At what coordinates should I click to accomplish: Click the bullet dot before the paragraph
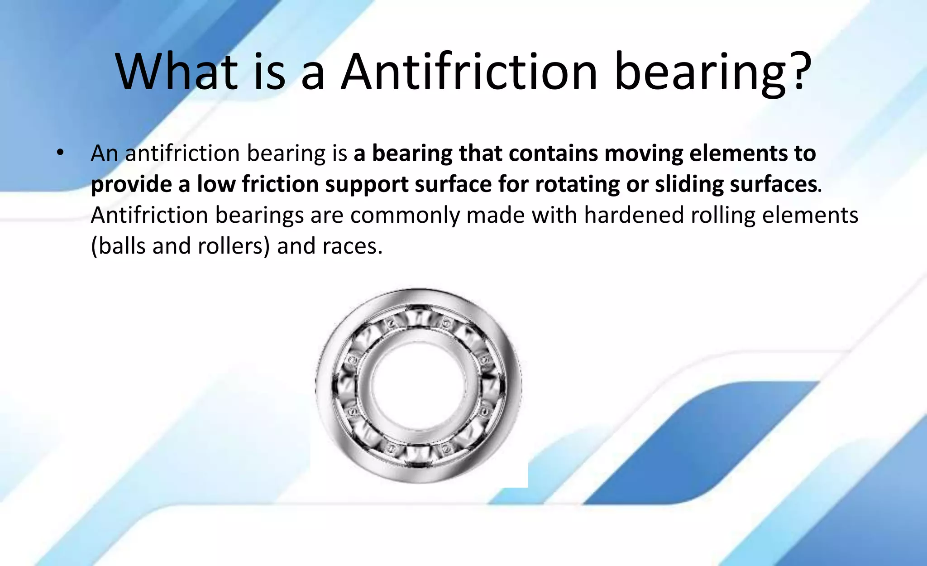tap(60, 153)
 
